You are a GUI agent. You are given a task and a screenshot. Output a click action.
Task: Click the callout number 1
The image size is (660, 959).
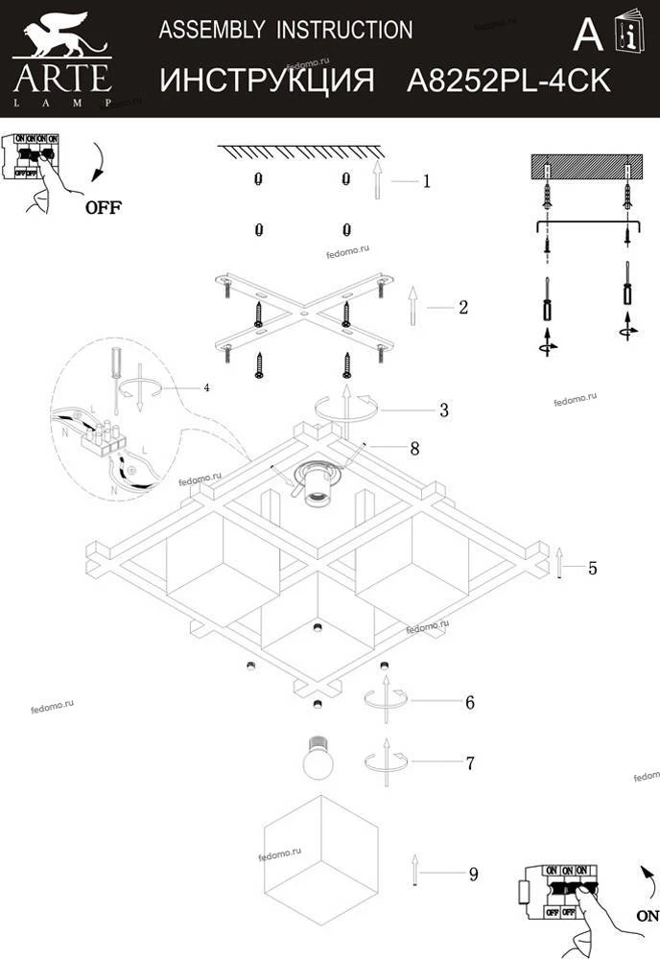pyautogui.click(x=426, y=179)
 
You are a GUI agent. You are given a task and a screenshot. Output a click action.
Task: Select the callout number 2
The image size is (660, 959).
pyautogui.click(x=462, y=307)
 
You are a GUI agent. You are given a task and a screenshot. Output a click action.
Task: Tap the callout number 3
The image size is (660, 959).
pyautogui.click(x=443, y=410)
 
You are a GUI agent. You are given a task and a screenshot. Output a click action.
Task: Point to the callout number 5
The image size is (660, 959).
pyautogui.click(x=592, y=568)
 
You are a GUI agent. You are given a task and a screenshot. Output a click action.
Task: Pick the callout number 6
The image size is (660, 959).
pyautogui.click(x=469, y=702)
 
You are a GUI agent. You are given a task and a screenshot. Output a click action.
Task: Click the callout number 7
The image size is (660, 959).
pyautogui.click(x=469, y=763)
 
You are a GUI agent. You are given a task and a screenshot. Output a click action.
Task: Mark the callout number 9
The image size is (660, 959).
pyautogui.click(x=473, y=874)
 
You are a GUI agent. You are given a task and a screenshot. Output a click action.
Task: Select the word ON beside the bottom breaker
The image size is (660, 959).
pyautogui.click(x=647, y=916)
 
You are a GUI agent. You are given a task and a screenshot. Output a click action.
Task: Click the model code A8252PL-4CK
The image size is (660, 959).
pyautogui.click(x=508, y=81)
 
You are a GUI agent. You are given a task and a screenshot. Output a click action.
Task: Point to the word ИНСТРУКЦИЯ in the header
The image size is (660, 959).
pyautogui.click(x=266, y=81)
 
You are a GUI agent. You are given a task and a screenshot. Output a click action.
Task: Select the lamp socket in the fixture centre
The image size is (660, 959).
pyautogui.click(x=316, y=483)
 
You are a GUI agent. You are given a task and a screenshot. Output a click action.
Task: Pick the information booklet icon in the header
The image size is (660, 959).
pyautogui.click(x=629, y=33)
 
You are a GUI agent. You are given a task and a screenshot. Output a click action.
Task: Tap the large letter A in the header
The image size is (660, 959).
pyautogui.click(x=587, y=35)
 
